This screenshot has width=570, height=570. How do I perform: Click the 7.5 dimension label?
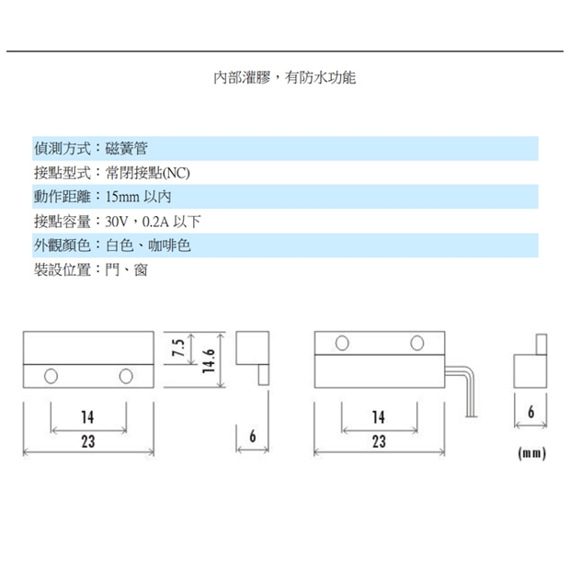click(x=178, y=348)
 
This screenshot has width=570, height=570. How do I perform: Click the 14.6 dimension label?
click(x=209, y=361)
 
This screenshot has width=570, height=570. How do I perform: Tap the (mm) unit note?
click(x=531, y=453)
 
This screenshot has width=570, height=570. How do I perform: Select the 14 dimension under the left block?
click(x=87, y=417)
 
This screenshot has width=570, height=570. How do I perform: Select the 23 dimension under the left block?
click(x=88, y=441)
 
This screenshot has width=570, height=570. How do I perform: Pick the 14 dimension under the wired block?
click(x=379, y=417)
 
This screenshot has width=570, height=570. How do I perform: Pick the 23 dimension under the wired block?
click(x=379, y=441)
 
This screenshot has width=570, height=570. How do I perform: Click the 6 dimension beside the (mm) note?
click(x=531, y=412)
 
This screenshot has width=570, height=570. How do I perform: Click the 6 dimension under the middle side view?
click(x=253, y=436)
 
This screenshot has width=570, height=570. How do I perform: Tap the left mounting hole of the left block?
click(x=51, y=376)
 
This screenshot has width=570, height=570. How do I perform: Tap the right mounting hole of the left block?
click(x=126, y=376)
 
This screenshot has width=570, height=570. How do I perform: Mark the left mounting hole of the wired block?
click(x=342, y=343)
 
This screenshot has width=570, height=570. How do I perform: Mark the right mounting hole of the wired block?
click(x=417, y=343)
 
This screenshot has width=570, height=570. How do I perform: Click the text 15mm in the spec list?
click(x=122, y=197)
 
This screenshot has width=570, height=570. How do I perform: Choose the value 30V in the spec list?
click(x=117, y=222)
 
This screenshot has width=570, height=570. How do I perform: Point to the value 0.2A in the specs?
click(x=155, y=222)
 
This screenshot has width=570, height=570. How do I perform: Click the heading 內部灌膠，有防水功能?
click(x=285, y=77)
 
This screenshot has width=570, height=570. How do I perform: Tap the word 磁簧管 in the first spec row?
click(x=127, y=148)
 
